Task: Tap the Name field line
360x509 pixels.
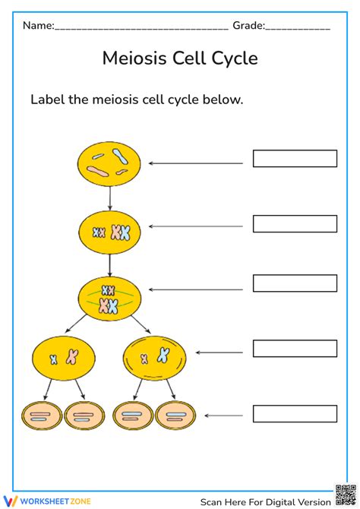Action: (x=141, y=29)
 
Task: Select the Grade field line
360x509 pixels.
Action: (x=297, y=29)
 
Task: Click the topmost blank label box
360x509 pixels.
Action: (x=295, y=159)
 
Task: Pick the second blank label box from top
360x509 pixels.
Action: (x=295, y=224)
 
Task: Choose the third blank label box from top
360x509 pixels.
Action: (x=295, y=283)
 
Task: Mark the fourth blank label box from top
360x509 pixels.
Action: (x=295, y=349)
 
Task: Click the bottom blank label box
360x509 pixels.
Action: (x=295, y=414)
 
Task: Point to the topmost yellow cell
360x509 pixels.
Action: (x=109, y=163)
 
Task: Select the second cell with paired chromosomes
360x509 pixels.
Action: (x=110, y=232)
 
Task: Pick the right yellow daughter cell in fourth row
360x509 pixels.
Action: (x=154, y=356)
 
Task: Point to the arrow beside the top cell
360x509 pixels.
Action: (x=196, y=163)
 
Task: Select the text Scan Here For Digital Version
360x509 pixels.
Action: (x=265, y=501)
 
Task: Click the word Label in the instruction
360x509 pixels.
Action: (x=46, y=100)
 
